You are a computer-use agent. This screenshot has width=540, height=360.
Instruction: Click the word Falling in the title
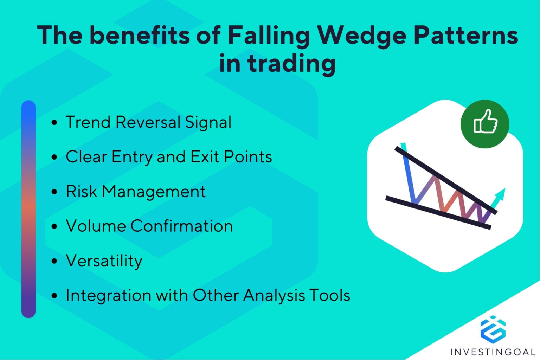[269, 36]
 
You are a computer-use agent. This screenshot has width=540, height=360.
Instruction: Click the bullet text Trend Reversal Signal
[148, 122]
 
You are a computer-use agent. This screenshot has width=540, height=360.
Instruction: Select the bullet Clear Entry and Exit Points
[169, 157]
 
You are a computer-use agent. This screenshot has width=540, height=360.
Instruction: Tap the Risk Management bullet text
[136, 192]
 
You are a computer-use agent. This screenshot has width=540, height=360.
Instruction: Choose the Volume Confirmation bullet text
[149, 226]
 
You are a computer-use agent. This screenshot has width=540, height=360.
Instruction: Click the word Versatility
[104, 261]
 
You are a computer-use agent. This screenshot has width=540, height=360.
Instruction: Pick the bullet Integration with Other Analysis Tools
[208, 295]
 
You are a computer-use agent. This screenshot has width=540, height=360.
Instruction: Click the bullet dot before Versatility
[54, 261]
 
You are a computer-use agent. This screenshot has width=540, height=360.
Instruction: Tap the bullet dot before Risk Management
[54, 192]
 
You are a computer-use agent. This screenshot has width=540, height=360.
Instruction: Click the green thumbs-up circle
[485, 124]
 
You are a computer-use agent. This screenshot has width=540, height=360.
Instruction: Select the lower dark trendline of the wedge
[438, 213]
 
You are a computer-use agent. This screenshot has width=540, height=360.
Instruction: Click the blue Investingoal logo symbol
[493, 329]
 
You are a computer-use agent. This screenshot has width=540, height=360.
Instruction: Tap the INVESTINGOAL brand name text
[493, 352]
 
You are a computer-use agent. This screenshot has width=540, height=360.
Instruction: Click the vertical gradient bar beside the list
[28, 209]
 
